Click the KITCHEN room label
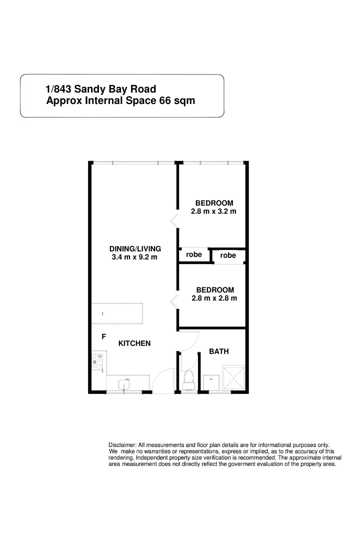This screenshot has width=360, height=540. pyautogui.click(x=134, y=343)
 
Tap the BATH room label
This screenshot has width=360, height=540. pyautogui.click(x=218, y=351)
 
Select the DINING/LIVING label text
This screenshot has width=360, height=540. pyautogui.click(x=134, y=248)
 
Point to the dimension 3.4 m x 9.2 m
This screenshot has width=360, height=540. pyautogui.click(x=134, y=257)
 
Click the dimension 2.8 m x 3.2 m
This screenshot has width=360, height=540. pyautogui.click(x=213, y=211)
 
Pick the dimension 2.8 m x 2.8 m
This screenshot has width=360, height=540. pyautogui.click(x=214, y=298)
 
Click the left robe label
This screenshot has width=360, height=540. pyautogui.click(x=194, y=254)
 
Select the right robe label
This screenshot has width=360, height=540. pyautogui.click(x=228, y=255)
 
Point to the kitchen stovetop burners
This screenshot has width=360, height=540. pyautogui.click(x=97, y=362)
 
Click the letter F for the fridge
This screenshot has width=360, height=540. pyautogui.click(x=103, y=336)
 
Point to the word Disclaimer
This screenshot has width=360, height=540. pyautogui.click(x=122, y=445)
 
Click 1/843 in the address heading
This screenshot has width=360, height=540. pyautogui.click(x=58, y=89)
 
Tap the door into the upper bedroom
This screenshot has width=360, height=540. pyautogui.click(x=174, y=220)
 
